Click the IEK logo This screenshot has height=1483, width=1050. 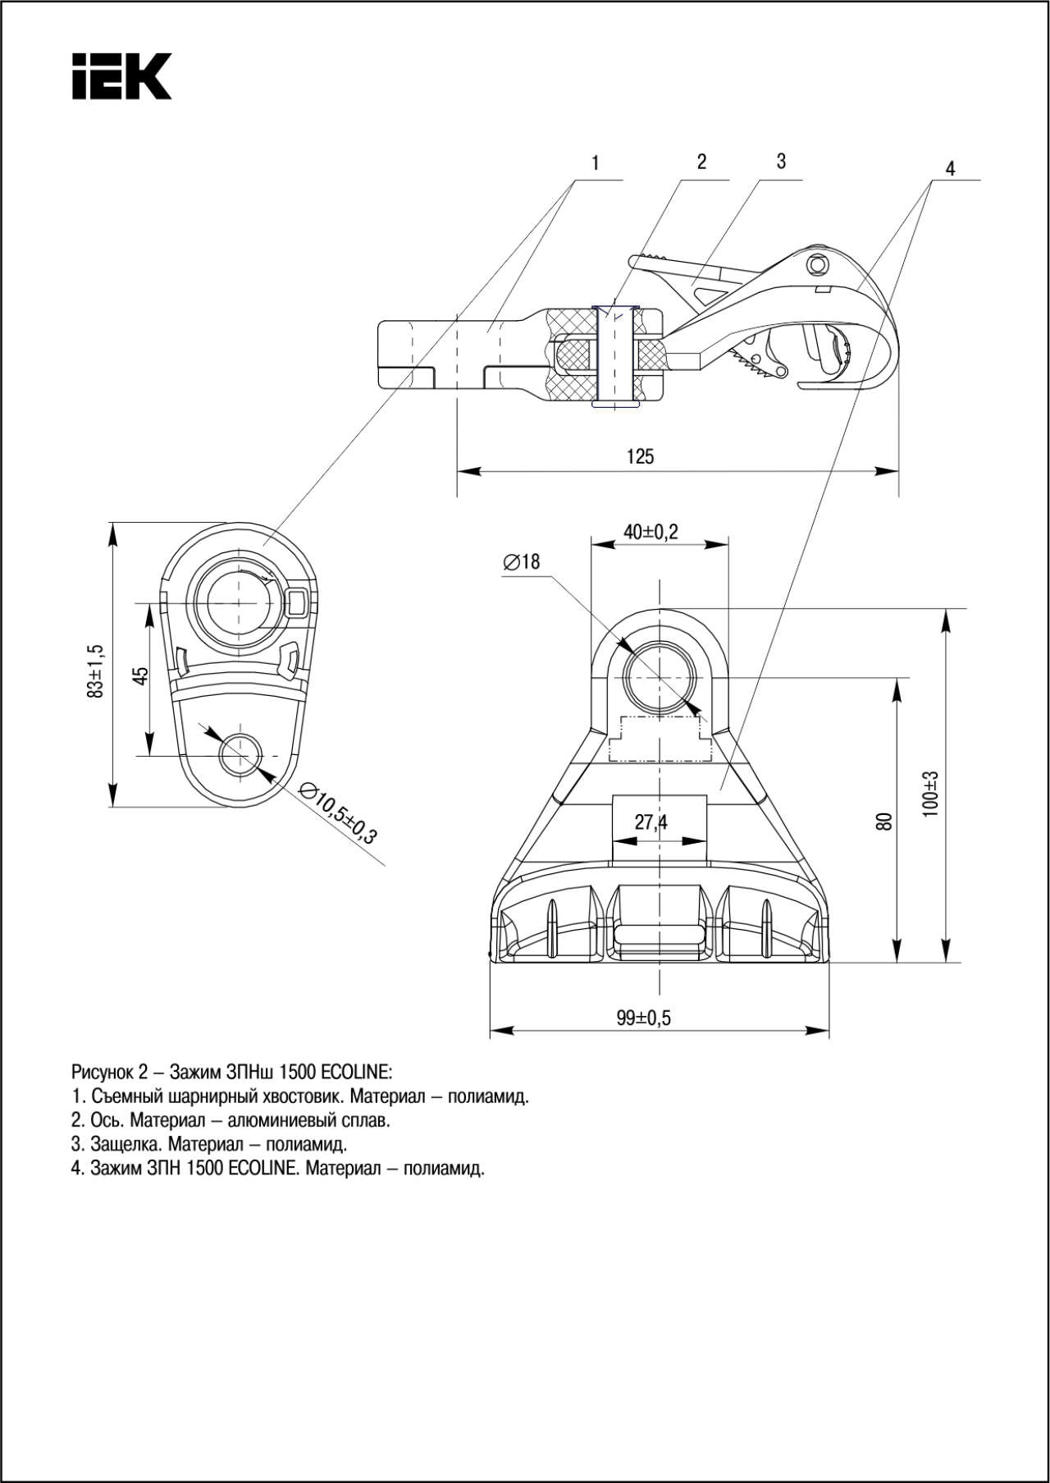121,76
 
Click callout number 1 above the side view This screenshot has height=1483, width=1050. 596,163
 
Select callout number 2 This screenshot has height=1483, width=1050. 701,162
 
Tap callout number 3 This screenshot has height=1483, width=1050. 781,162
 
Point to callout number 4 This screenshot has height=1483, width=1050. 950,168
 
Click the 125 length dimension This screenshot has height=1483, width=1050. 640,456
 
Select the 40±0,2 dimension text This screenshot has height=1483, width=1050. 651,532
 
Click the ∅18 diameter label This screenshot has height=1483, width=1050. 522,561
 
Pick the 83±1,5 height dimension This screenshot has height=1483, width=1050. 96,671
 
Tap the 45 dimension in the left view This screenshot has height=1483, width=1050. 141,675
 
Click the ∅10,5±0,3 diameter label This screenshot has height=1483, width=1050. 338,813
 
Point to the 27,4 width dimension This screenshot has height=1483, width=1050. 651,822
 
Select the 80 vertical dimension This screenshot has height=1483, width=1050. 883,822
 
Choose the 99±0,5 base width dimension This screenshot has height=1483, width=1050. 644,1018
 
